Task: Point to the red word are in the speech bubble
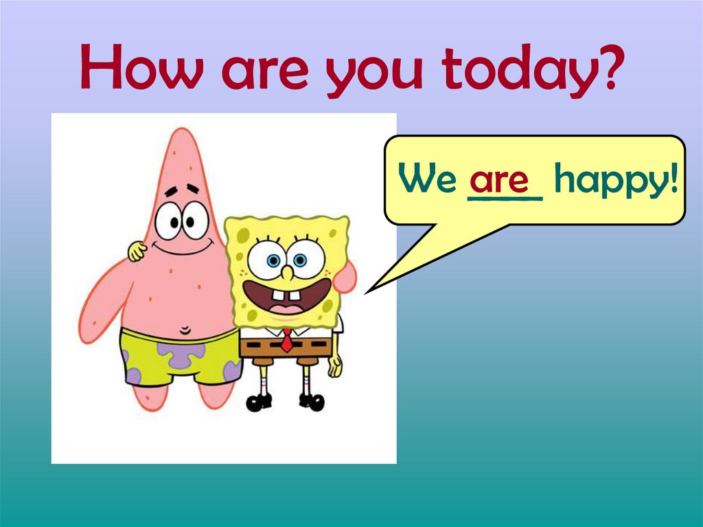[499, 179]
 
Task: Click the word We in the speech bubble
[428, 180]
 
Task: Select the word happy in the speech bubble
[608, 182]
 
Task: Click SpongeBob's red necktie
[287, 339]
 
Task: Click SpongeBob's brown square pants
[286, 347]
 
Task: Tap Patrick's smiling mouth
[181, 248]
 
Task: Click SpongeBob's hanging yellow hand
[335, 364]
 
